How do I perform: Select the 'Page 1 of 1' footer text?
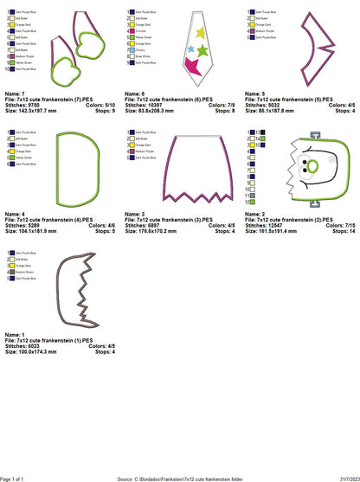coord(17,477)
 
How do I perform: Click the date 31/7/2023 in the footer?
coord(344,477)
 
